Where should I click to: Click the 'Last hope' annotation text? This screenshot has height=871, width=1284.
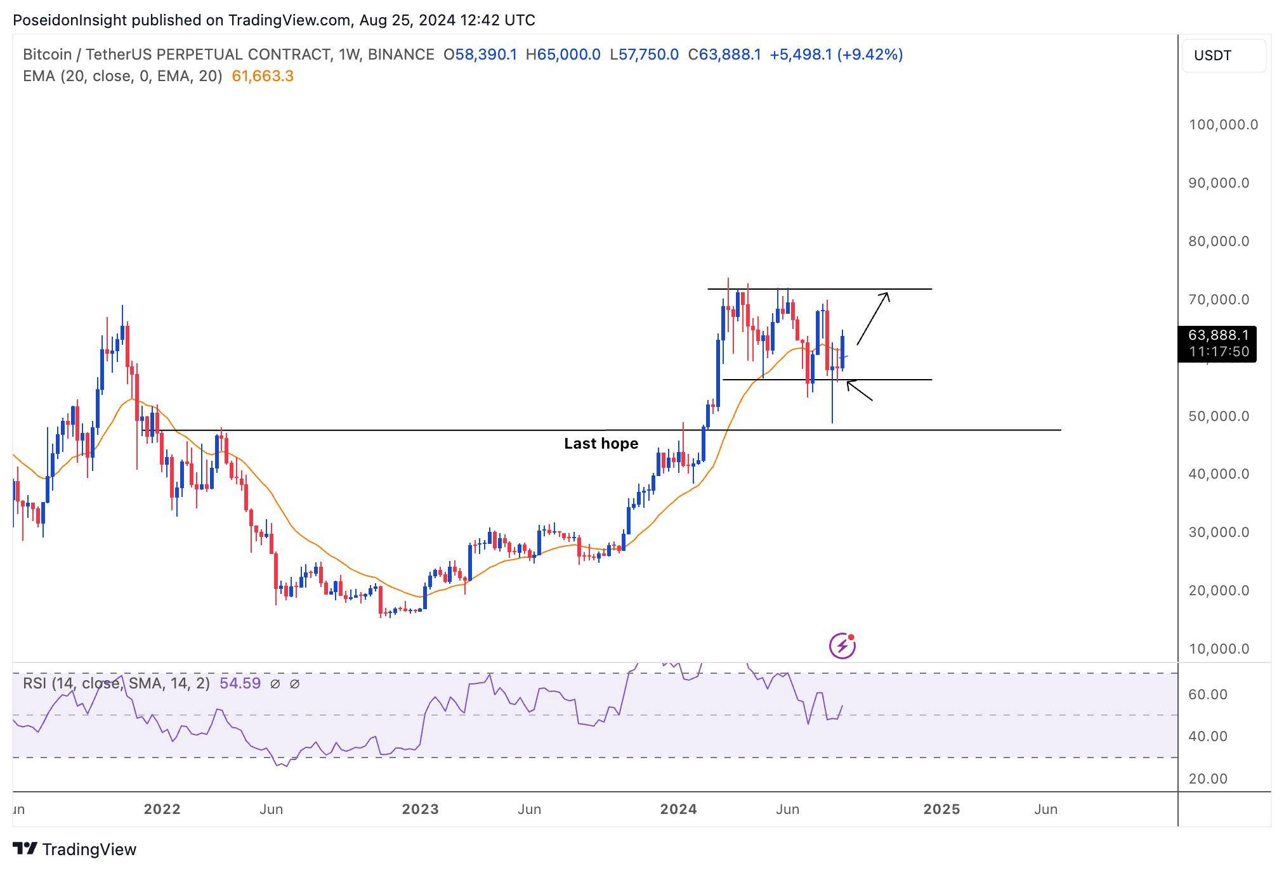tap(601, 444)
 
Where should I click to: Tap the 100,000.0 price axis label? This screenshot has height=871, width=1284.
tap(1222, 125)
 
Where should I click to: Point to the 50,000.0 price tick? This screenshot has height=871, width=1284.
tap(1219, 416)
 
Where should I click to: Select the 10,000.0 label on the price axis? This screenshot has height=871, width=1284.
tap(1219, 649)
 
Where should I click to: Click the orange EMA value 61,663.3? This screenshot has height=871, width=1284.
tap(263, 77)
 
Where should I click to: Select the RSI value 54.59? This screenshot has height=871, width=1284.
tap(240, 683)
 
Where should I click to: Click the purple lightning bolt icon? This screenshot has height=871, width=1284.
tap(842, 646)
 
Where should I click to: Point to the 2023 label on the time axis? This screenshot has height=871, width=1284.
tap(421, 810)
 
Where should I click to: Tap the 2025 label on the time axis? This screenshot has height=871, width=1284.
tap(941, 810)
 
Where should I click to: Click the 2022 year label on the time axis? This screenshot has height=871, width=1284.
tap(162, 810)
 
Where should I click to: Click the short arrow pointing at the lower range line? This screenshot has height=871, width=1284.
tap(859, 390)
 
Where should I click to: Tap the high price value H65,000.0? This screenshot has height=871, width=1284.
tap(563, 55)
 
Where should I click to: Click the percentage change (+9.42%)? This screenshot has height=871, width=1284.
tap(870, 55)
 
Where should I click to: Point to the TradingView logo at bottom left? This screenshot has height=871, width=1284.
tap(75, 849)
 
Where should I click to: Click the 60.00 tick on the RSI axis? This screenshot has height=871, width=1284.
tap(1207, 695)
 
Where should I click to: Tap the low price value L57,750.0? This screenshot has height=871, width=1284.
tap(644, 55)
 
